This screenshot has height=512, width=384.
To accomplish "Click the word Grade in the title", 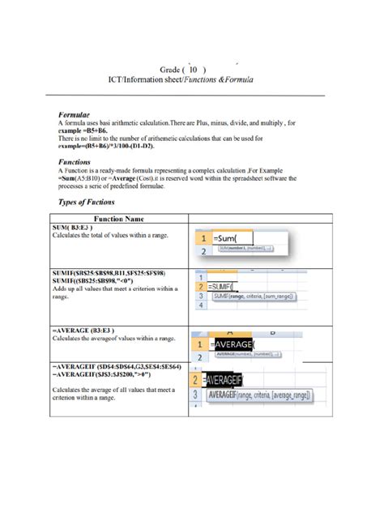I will pyautogui.click(x=171, y=70).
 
